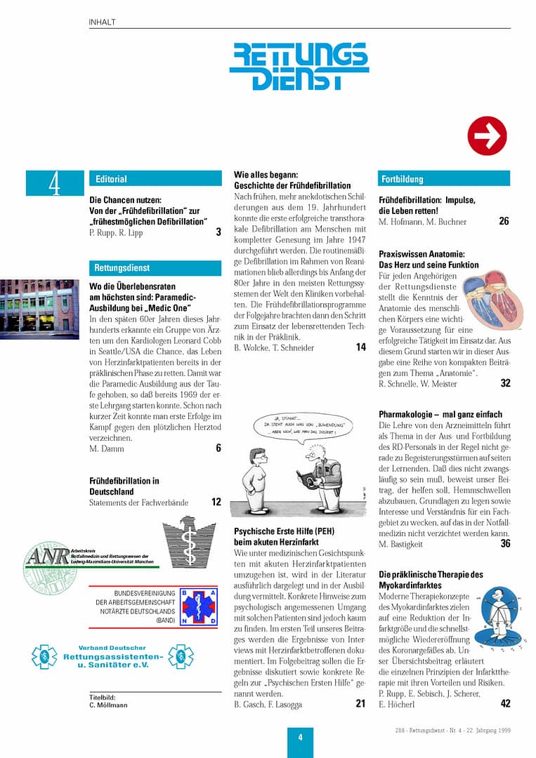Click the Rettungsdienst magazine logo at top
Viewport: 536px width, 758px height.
[299, 66]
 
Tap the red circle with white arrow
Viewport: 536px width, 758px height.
[487, 135]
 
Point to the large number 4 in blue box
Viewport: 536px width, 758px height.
[55, 184]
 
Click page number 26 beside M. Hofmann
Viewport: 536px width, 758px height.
[504, 222]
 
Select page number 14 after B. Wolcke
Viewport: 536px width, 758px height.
[360, 347]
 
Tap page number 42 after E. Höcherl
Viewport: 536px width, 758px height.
[505, 704]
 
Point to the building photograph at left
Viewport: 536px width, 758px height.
[39, 309]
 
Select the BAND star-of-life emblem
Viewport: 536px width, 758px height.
[199, 606]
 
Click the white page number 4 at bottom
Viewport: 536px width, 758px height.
[300, 737]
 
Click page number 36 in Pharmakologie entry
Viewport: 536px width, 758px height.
[505, 544]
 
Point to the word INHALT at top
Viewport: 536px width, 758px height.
[103, 22]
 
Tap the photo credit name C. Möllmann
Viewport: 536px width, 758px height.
[108, 705]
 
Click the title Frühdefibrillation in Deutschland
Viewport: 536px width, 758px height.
[124, 486]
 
